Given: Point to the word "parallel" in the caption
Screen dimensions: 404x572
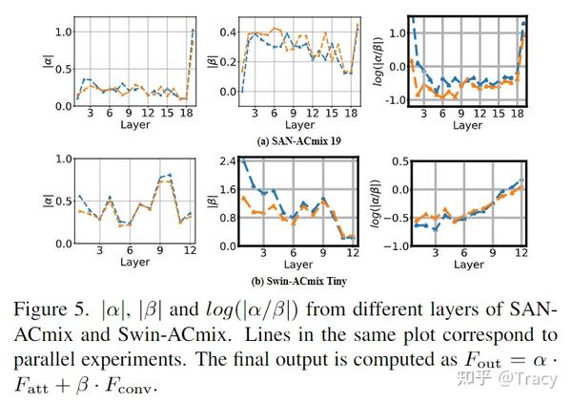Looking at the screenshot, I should pos(50,360).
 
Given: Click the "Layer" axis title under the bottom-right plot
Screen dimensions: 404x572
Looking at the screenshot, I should pos(466,265).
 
